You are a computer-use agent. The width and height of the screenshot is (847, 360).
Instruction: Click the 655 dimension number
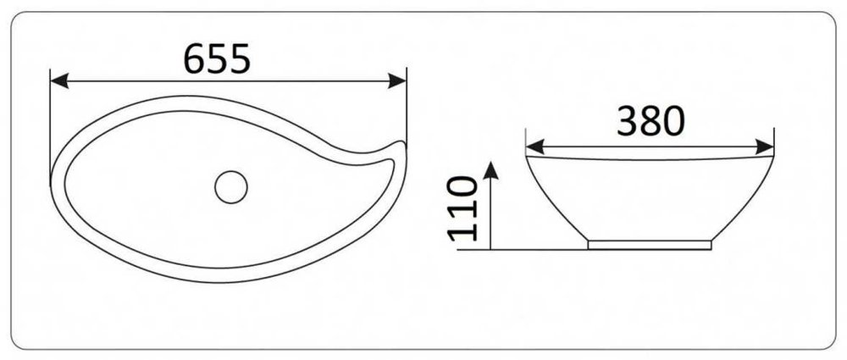(217, 58)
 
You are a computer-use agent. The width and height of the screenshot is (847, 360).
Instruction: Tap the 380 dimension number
(650, 120)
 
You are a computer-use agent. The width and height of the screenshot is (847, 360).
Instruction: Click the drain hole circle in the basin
(231, 187)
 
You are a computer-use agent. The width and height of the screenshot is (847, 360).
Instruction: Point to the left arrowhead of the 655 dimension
(59, 81)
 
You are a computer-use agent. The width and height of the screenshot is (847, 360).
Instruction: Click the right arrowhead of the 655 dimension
(397, 81)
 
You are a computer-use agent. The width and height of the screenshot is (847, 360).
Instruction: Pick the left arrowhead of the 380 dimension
(534, 147)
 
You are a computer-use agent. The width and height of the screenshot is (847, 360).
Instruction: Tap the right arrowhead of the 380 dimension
(765, 147)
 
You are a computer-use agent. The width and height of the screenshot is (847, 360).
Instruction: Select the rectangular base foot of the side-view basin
(650, 245)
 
